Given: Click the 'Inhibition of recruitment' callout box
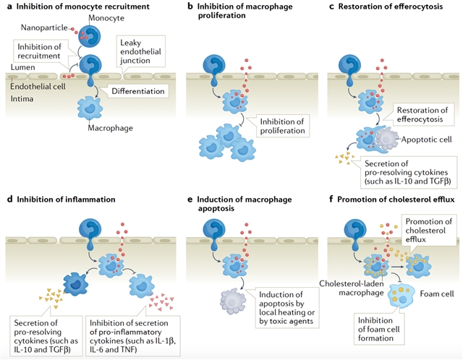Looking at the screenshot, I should coord(37,53).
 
